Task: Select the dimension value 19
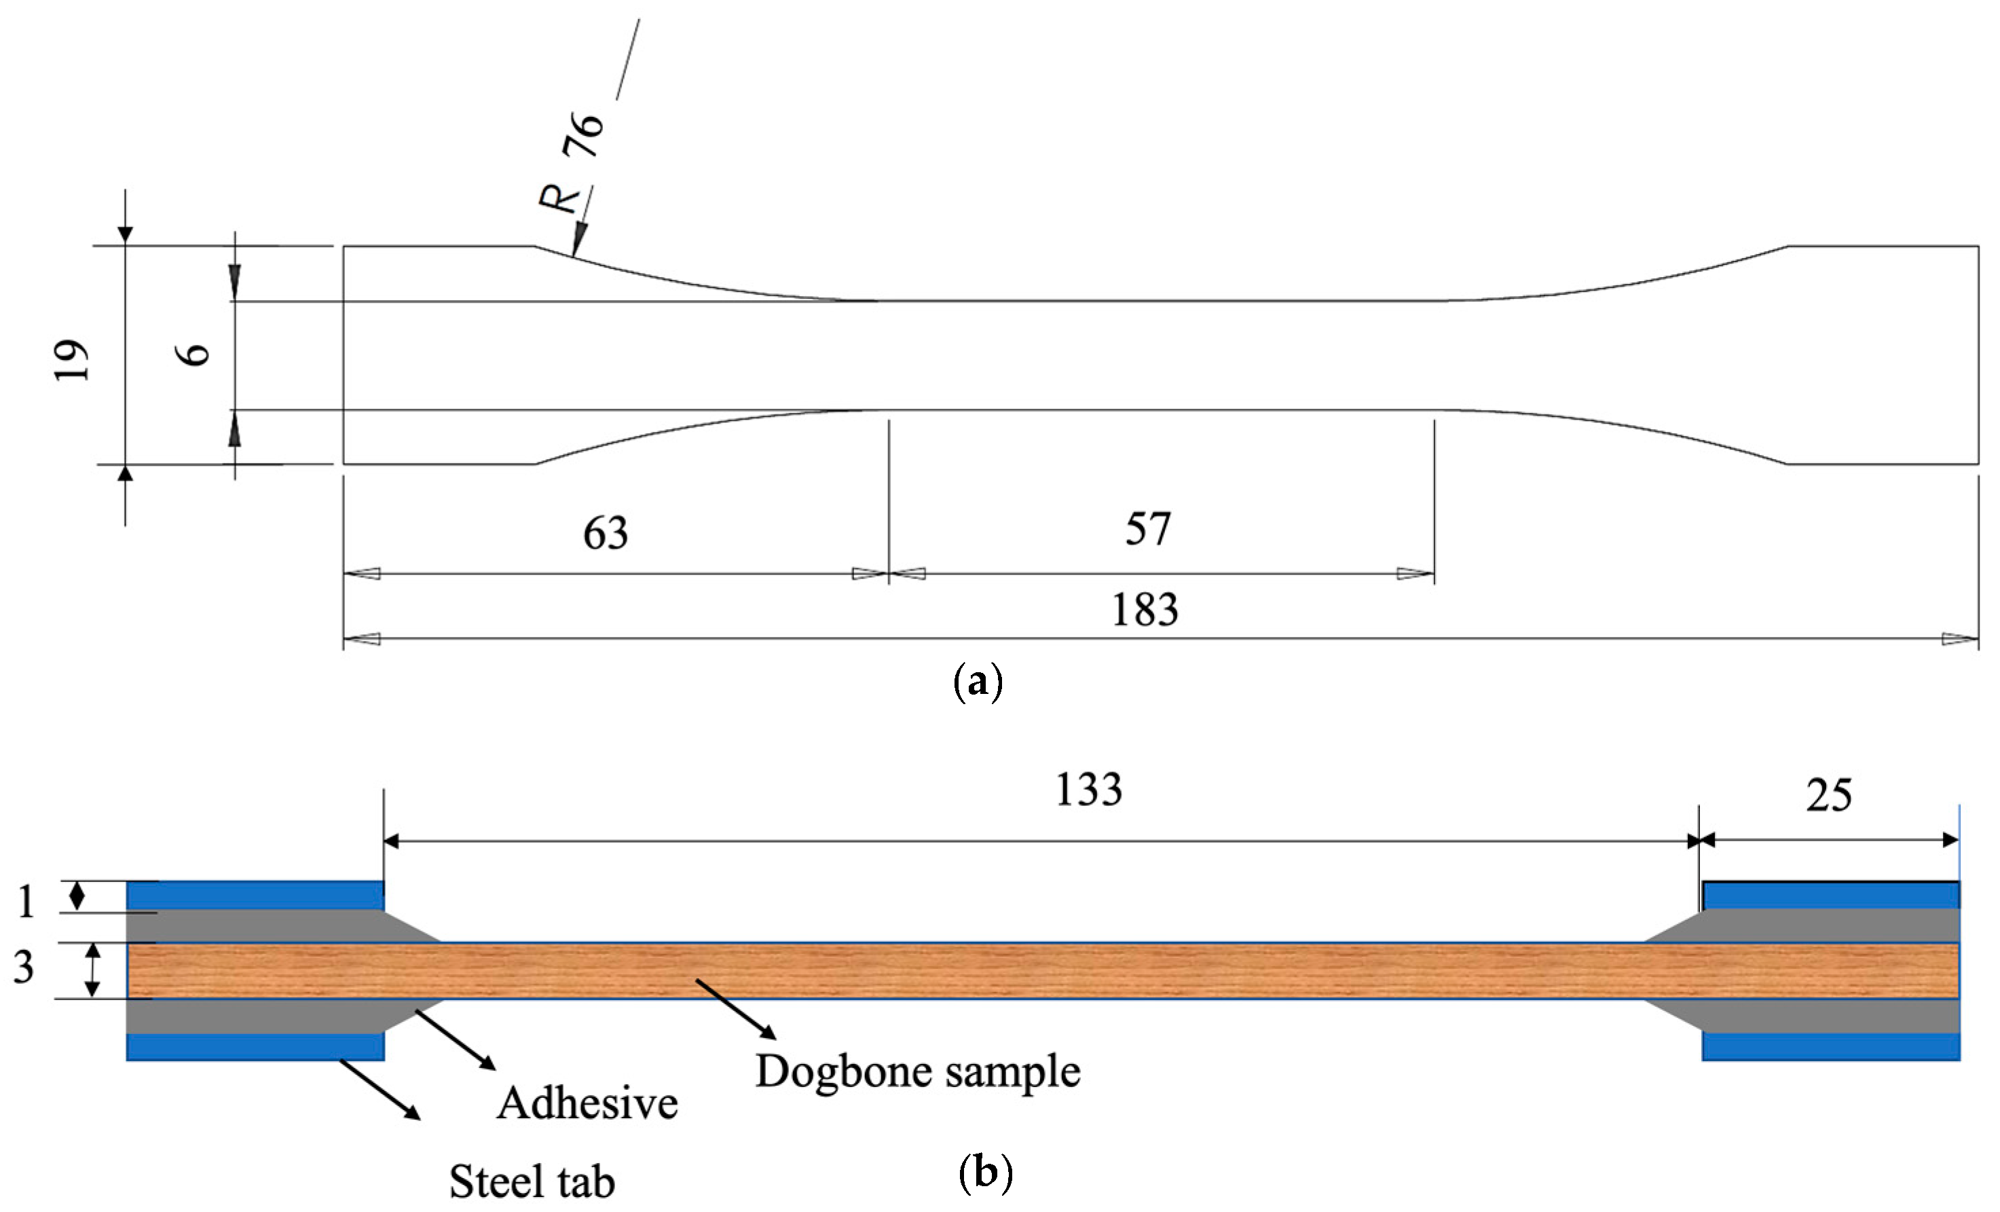71,361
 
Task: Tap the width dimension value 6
195,354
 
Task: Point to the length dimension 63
606,533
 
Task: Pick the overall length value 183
1145,610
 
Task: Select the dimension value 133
1088,790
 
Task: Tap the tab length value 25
1829,796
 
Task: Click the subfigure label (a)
978,682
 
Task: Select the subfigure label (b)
985,1173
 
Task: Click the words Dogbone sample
918,1071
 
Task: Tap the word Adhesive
588,1104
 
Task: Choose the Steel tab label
532,1182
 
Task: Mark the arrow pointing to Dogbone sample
735,1009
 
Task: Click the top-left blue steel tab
255,896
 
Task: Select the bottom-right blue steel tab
1830,1046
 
